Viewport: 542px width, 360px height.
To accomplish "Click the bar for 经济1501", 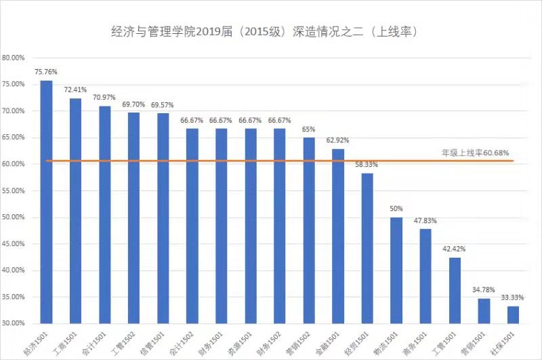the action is pyautogui.click(x=46, y=202).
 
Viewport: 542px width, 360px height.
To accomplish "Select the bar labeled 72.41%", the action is pyautogui.click(x=75, y=211).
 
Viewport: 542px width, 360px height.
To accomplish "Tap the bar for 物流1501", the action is pyautogui.click(x=396, y=271).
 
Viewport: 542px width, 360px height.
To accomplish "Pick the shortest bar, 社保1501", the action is pyautogui.click(x=513, y=315).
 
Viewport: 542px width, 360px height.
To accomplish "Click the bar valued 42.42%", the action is pyautogui.click(x=455, y=290).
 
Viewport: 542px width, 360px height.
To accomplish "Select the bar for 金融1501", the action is pyautogui.click(x=338, y=236).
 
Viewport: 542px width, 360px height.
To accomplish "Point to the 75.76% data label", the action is pyautogui.click(x=46, y=72).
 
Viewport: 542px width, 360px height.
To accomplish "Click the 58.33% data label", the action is pyautogui.click(x=367, y=165).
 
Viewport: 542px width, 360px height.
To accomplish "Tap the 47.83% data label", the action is pyautogui.click(x=425, y=220).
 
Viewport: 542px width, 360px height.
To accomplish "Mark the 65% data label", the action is pyautogui.click(x=308, y=129).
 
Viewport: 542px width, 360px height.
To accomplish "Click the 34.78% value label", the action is pyautogui.click(x=484, y=289).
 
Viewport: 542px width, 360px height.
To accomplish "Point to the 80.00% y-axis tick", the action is pyautogui.click(x=13, y=58).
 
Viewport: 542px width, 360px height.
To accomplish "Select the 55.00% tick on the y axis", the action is pyautogui.click(x=13, y=191).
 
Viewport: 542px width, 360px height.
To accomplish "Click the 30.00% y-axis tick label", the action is pyautogui.click(x=13, y=323).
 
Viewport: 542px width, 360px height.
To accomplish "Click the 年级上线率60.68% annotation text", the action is pyautogui.click(x=476, y=153).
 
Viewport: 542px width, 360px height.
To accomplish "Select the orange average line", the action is pyautogui.click(x=280, y=161).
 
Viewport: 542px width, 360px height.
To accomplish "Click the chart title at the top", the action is pyautogui.click(x=265, y=32).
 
